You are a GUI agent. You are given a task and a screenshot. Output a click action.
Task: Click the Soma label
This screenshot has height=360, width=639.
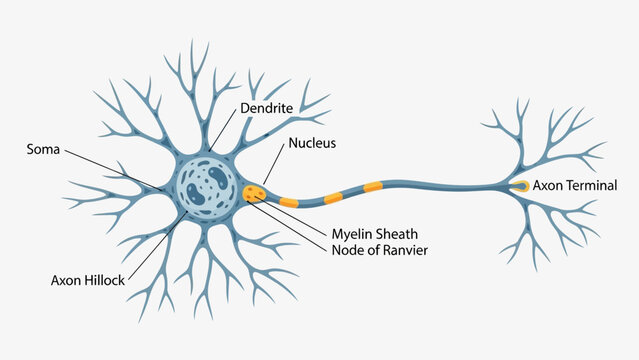pyautogui.click(x=43, y=150)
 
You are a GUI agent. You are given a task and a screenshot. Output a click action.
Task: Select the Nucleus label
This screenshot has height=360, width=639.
pyautogui.click(x=312, y=143)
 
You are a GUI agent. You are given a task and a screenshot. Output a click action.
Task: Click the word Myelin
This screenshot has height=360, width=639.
pyautogui.click(x=352, y=234)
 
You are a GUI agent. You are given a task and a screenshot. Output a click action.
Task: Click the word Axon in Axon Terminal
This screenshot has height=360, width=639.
pyautogui.click(x=548, y=186)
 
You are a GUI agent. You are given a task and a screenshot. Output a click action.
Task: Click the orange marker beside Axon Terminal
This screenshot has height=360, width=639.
pyautogui.click(x=521, y=186)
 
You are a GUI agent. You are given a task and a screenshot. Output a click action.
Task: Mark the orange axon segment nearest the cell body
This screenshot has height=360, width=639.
pyautogui.click(x=286, y=200)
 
